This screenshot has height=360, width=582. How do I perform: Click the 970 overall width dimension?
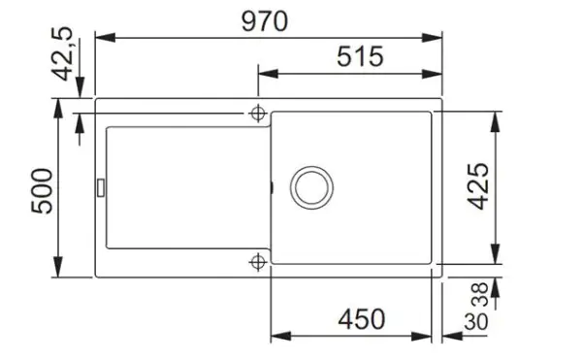[264, 21]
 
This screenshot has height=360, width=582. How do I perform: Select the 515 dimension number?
[360, 57]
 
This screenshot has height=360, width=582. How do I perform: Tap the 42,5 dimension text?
[63, 53]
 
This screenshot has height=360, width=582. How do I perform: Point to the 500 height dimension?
[42, 191]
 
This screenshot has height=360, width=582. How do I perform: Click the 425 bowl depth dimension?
[477, 186]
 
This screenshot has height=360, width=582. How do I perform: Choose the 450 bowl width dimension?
[362, 319]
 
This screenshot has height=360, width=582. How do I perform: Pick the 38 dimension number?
[481, 294]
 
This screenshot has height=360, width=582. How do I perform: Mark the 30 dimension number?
[476, 321]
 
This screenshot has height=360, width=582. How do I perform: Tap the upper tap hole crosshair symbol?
[258, 114]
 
